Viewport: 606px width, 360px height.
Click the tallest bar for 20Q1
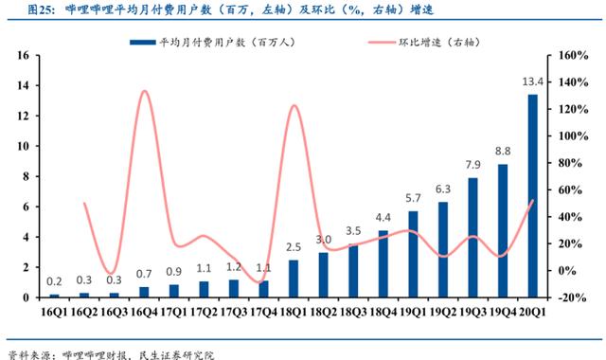pos(533,196)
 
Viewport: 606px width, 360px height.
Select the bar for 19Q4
pos(503,230)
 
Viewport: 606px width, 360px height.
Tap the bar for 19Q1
pos(413,254)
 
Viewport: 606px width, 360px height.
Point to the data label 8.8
pos(503,152)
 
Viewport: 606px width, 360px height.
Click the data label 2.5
pos(294,247)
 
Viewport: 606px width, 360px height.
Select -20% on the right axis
pos(577,297)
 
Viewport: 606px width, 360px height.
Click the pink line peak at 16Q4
pos(143,92)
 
